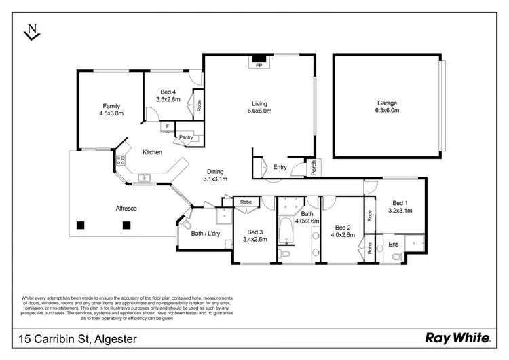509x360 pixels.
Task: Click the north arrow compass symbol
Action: tap(31, 31)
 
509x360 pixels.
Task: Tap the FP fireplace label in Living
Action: tap(259, 66)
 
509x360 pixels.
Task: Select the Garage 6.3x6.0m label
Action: tap(388, 107)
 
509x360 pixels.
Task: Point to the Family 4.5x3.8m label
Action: tap(111, 110)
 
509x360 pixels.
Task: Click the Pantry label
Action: tap(185, 137)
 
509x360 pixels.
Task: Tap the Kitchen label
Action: tap(152, 152)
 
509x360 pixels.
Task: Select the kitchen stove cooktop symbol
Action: tap(121, 162)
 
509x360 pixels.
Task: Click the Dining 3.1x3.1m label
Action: tap(214, 175)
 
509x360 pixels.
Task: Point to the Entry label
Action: tap(280, 167)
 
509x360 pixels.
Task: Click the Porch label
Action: tap(314, 167)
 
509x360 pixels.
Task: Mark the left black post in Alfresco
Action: tap(81, 225)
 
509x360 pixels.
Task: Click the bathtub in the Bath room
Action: tap(286, 230)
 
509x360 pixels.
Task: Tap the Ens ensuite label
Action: tap(394, 244)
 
